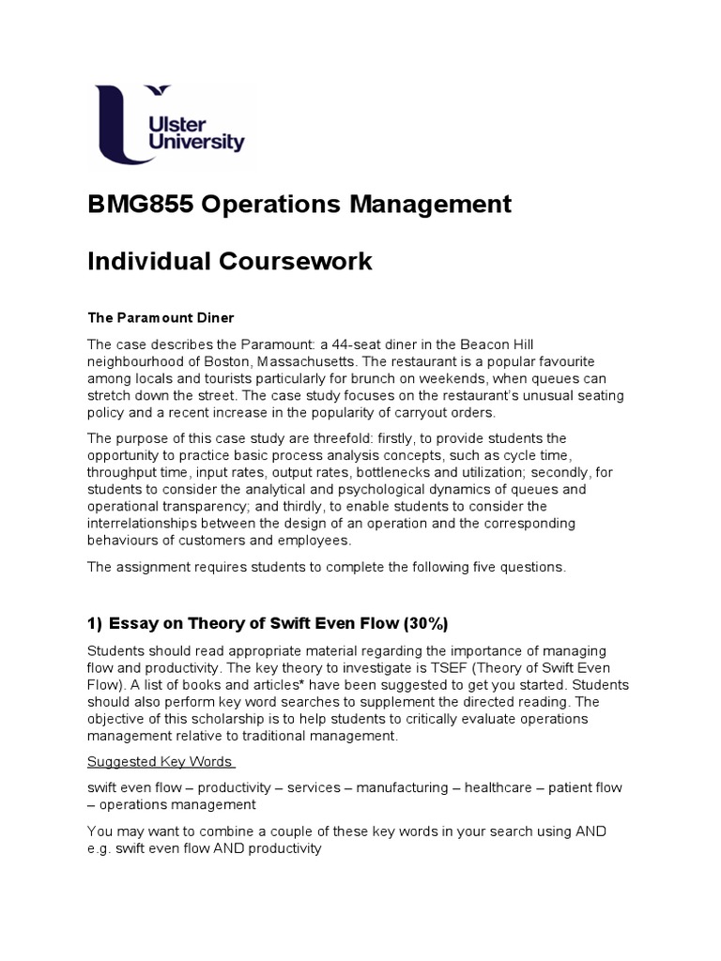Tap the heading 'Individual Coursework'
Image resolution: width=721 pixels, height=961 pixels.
pyautogui.click(x=230, y=261)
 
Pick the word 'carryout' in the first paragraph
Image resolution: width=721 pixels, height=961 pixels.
pyautogui.click(x=418, y=413)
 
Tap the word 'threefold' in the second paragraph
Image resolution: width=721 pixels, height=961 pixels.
pyautogui.click(x=352, y=438)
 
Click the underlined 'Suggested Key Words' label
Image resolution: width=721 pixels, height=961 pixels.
pyautogui.click(x=160, y=761)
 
